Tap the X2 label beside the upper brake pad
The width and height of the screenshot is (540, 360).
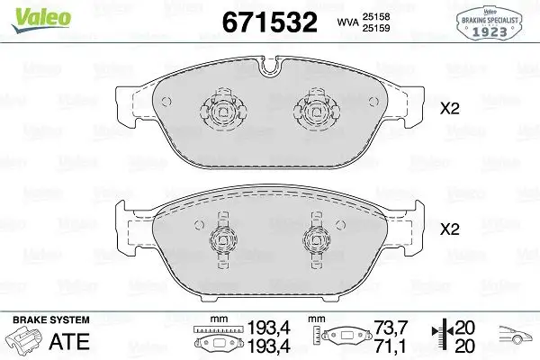point(449,111)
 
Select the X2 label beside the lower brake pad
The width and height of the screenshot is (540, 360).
point(449,229)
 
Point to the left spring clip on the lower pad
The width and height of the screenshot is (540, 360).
point(222,239)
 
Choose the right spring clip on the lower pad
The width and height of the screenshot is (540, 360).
point(315,239)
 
